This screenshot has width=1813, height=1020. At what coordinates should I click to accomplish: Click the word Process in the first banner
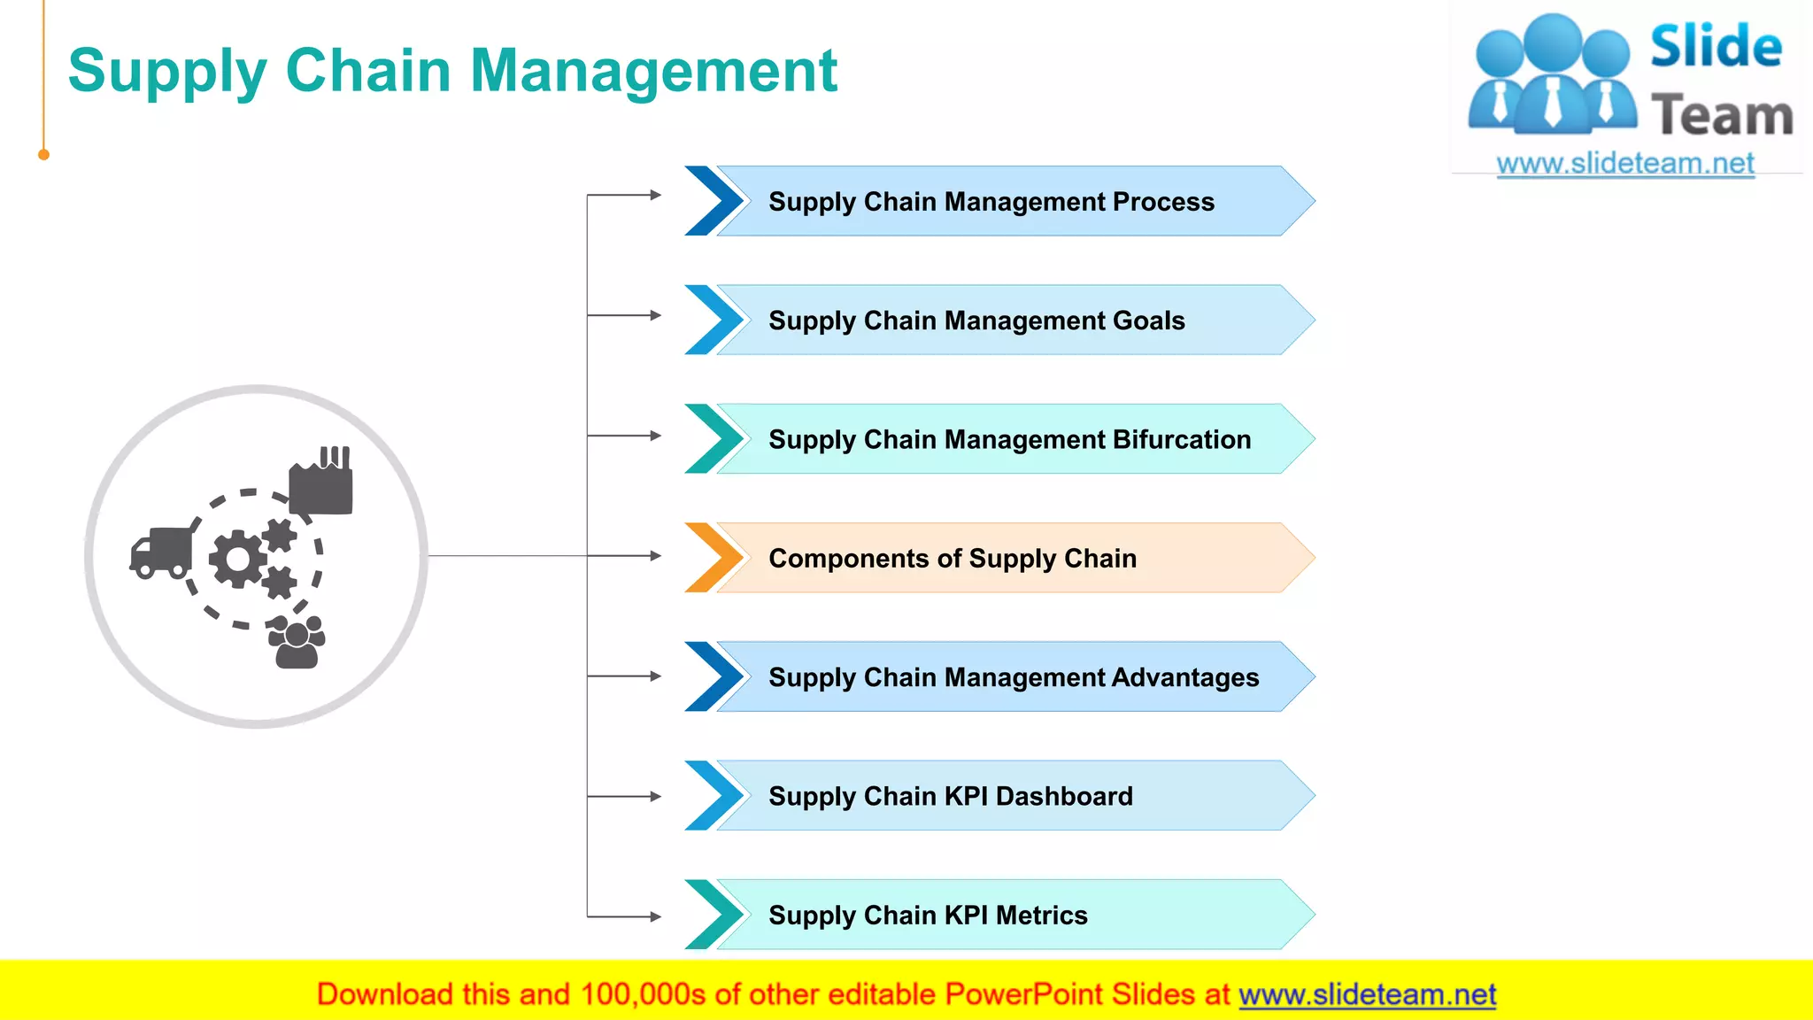click(1162, 202)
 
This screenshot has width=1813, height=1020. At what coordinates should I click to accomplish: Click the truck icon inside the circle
click(161, 552)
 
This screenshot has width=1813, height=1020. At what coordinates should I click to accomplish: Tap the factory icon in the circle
click(321, 482)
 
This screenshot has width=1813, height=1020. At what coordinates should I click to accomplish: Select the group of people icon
click(297, 644)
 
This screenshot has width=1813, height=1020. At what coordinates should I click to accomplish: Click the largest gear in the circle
click(236, 559)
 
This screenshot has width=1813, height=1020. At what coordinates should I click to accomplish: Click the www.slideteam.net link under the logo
click(1624, 164)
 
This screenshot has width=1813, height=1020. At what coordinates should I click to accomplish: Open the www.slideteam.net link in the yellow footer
click(1367, 994)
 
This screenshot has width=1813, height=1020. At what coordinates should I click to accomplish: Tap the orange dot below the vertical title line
click(43, 155)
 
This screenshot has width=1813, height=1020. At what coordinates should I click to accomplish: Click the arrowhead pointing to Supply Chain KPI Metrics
click(655, 916)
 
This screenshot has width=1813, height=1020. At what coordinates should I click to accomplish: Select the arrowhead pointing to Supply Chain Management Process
click(655, 195)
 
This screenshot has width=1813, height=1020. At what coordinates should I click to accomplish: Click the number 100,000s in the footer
click(643, 994)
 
